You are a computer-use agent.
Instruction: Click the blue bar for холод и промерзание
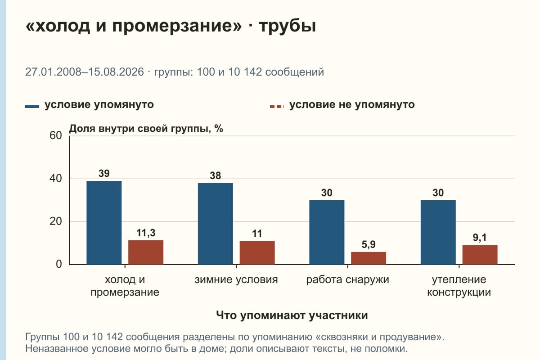coord(104,223)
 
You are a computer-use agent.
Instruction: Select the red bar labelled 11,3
coord(146,252)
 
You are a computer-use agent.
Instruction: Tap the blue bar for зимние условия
coord(216,224)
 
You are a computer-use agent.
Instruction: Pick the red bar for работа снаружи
coord(369,258)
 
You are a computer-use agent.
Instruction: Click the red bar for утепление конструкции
coord(480,255)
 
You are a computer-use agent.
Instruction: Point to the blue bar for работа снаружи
coord(327,232)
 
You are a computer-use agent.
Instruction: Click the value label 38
coord(215,175)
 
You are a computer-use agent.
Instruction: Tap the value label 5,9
coord(369,244)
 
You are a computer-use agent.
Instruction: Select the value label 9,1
coord(480,238)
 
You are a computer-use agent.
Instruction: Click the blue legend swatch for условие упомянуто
coord(32,107)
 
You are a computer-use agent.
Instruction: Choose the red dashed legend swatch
coord(277,107)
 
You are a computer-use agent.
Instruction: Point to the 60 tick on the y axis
coord(56,135)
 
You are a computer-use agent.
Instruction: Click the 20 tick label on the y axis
coord(56,221)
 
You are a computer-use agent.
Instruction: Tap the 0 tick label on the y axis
coord(59,264)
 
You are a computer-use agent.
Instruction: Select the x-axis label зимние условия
coord(236,280)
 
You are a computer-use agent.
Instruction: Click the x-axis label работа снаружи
coord(347,280)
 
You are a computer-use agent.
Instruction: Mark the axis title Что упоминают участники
coord(292,315)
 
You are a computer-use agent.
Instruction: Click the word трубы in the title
coord(288,26)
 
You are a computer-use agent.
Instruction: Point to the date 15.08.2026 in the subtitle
coord(116,72)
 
